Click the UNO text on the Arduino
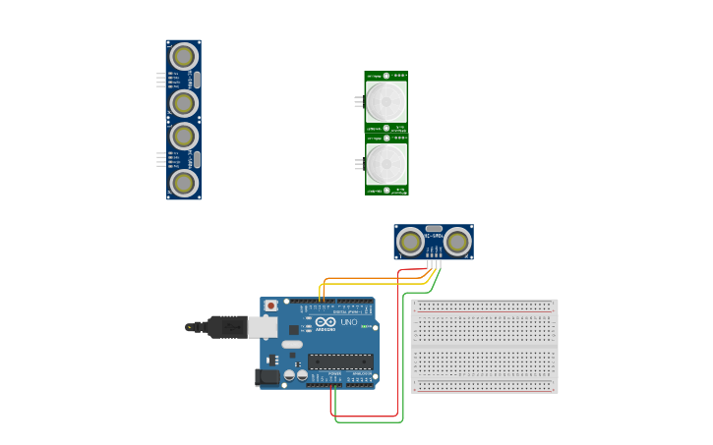(348, 322)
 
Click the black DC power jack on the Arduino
(267, 377)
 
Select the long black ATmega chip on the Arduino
(340, 362)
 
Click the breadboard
(484, 346)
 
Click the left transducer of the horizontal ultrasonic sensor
(410, 241)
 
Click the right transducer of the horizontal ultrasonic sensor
(456, 241)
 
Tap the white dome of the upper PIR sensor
(386, 100)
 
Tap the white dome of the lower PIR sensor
(386, 163)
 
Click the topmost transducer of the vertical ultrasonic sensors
(184, 57)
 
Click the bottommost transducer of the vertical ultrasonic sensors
(184, 182)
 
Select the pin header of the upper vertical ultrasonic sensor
(161, 80)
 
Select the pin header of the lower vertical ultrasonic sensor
(161, 158)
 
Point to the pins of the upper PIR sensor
(359, 100)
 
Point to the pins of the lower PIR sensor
(359, 164)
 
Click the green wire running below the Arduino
(369, 422)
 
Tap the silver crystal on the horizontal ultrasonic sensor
(434, 229)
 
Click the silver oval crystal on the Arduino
(292, 345)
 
